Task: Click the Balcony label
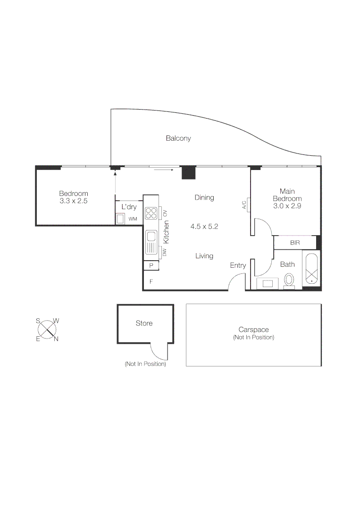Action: (178, 138)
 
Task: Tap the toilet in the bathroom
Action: (289, 280)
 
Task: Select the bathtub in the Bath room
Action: (311, 269)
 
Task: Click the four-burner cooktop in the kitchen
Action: (151, 213)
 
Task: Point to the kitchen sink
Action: (151, 241)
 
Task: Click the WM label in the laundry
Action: (133, 219)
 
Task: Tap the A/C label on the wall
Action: (244, 204)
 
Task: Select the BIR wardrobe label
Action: (295, 243)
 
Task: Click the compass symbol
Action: (47, 329)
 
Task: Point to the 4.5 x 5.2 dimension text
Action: (204, 227)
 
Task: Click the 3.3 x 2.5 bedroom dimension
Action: (73, 201)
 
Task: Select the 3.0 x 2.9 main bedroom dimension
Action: (287, 206)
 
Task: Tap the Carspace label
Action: (253, 330)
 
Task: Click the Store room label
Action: (144, 323)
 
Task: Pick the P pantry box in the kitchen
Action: (151, 266)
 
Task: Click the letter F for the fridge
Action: (151, 282)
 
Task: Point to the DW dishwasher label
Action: (165, 253)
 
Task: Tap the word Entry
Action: (238, 265)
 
